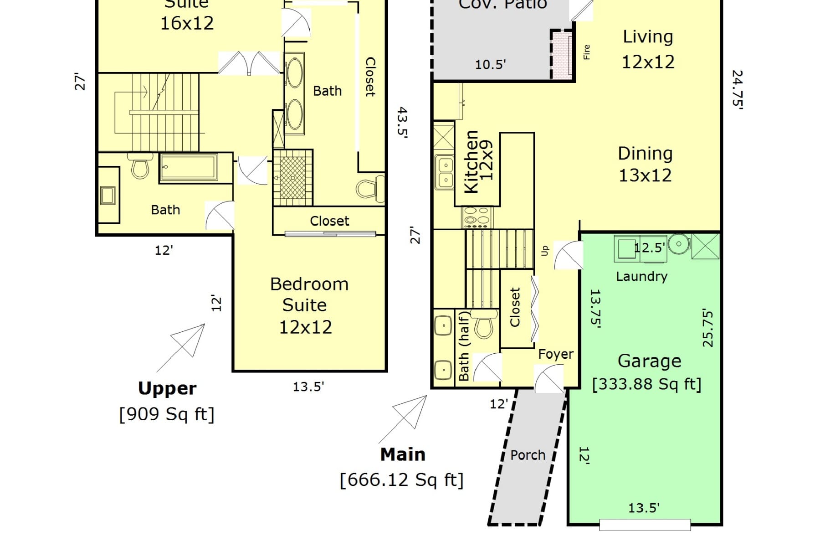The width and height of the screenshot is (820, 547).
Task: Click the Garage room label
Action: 649,361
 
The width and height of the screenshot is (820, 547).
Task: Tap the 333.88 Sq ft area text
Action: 646,384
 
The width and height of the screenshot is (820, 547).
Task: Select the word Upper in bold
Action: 167,388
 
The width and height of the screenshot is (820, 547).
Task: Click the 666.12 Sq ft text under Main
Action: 401,480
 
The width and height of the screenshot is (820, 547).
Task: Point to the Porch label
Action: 528,455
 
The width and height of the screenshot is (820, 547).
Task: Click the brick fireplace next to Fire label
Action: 562,55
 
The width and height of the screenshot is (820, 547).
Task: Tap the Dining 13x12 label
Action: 645,165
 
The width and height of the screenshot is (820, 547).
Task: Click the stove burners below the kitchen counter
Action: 477,217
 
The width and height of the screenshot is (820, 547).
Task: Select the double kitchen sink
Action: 444,173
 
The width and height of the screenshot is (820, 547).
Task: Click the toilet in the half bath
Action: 484,324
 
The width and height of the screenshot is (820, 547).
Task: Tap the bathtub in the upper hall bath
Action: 189,167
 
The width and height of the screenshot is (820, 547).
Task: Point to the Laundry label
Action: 641,277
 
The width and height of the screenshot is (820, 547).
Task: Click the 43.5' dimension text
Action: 402,122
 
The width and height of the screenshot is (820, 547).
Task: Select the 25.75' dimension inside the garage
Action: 707,328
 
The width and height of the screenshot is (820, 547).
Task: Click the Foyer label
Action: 556,354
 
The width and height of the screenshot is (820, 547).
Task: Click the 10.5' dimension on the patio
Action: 490,65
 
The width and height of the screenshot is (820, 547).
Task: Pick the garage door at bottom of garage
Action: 645,525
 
